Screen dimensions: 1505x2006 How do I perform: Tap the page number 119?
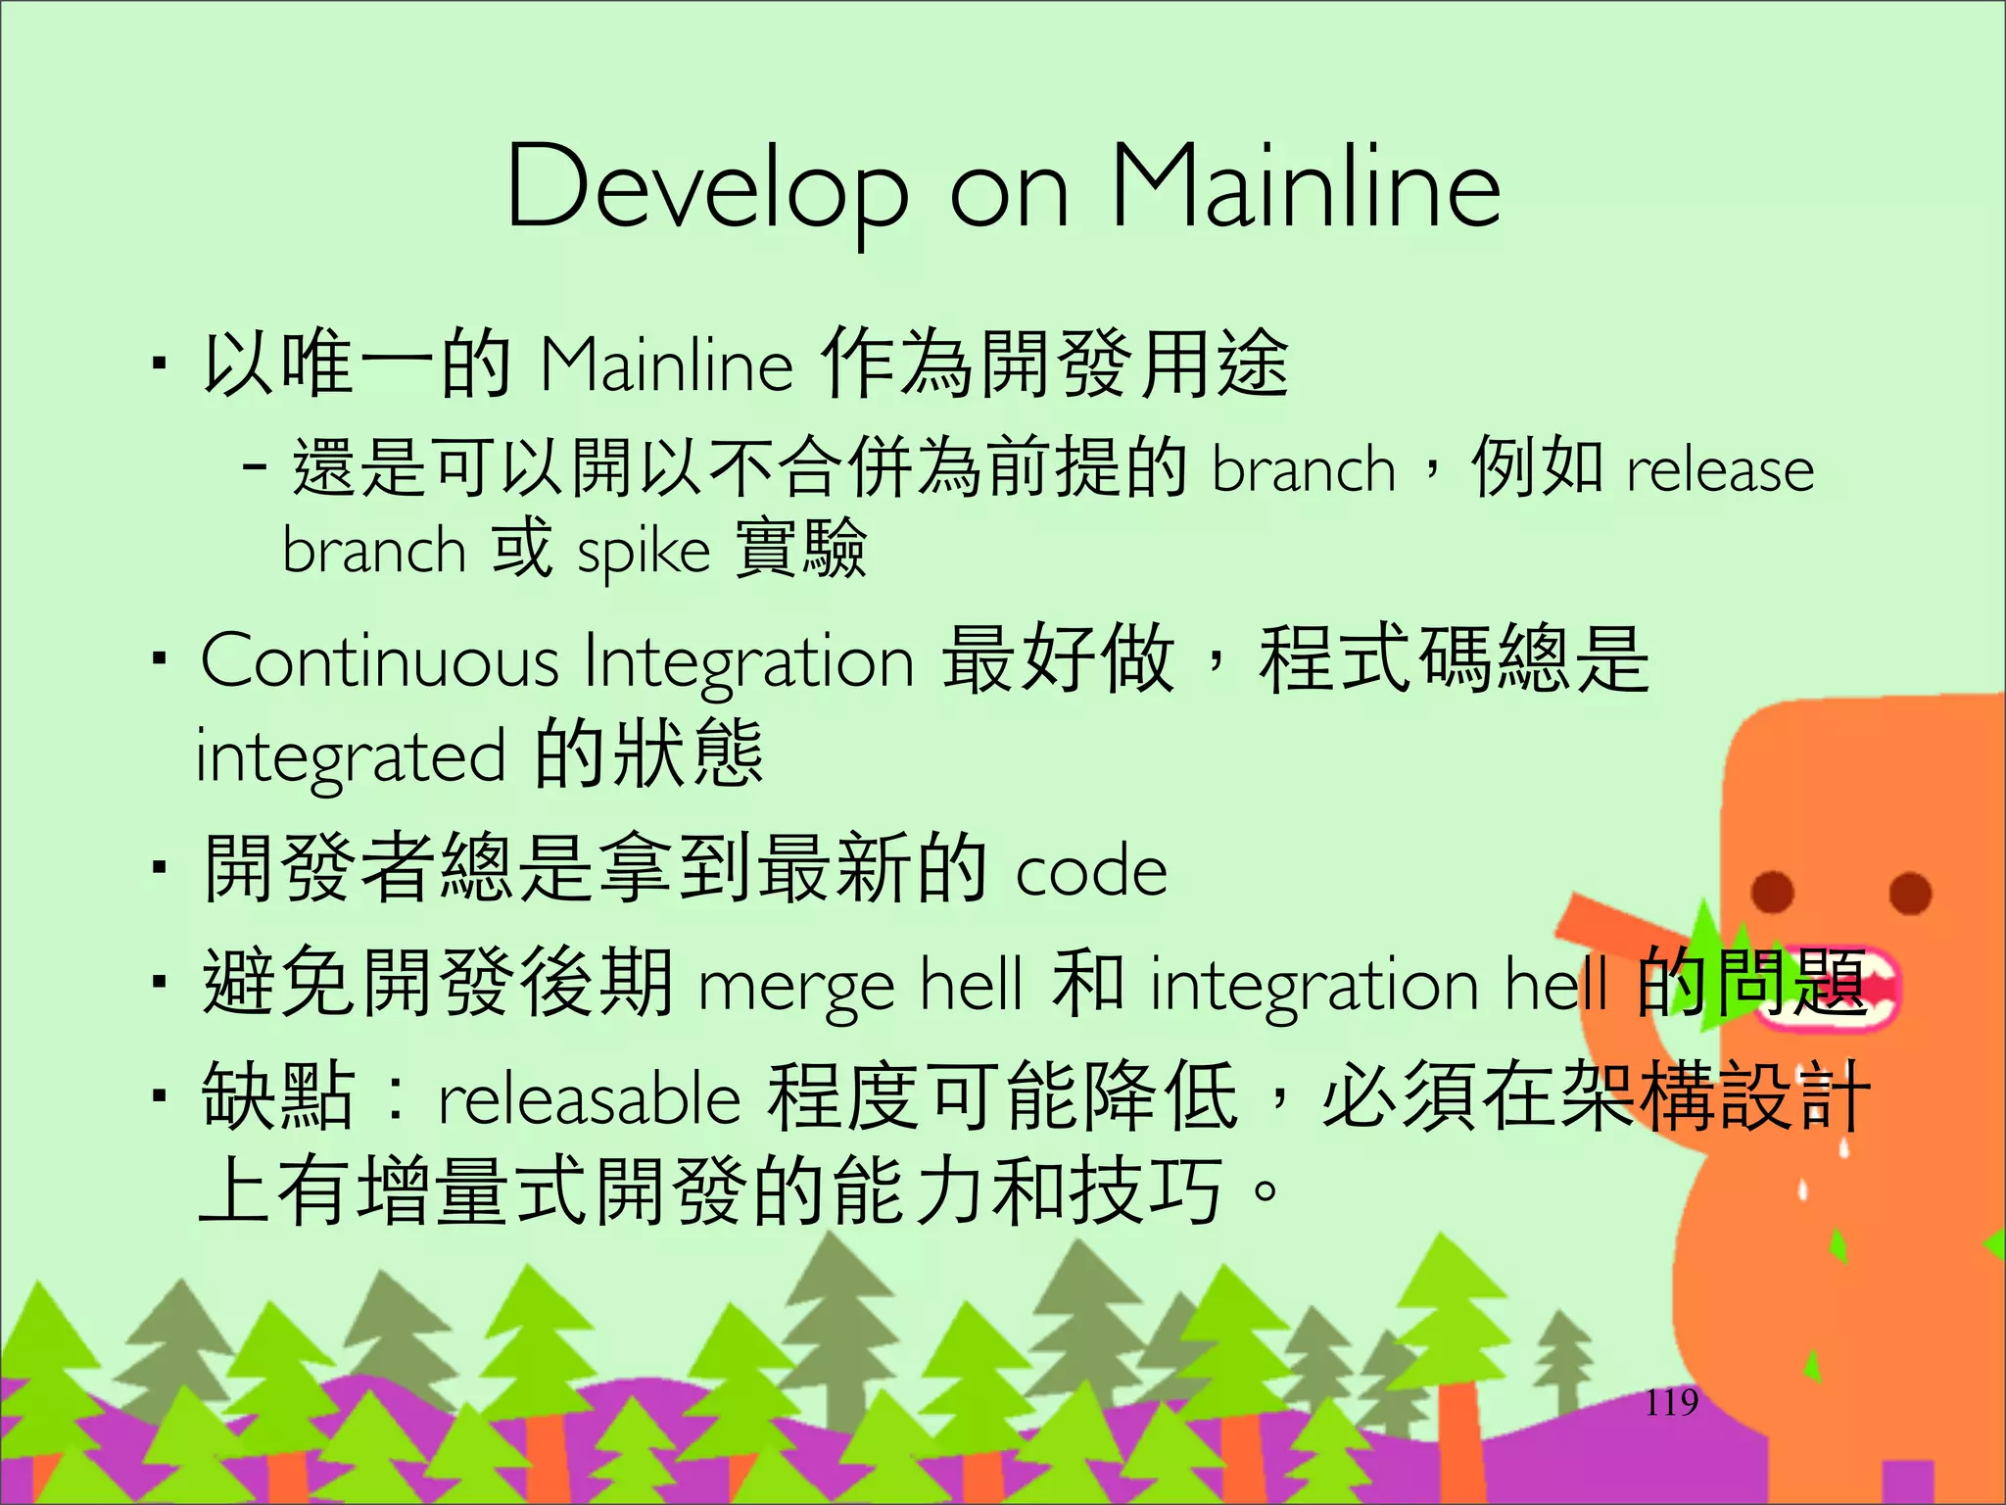(1671, 1403)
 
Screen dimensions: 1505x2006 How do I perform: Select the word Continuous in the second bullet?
(379, 661)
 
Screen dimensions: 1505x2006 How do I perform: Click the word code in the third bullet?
(1091, 871)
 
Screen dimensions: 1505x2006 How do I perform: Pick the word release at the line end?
(1720, 470)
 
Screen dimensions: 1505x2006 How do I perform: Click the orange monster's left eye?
(1772, 892)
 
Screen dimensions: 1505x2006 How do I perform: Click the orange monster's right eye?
(1909, 893)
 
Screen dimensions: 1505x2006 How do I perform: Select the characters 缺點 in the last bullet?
(277, 1095)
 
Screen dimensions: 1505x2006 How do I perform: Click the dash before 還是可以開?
(254, 468)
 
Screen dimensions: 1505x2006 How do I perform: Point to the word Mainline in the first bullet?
(666, 365)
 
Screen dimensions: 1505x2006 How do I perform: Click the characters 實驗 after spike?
(800, 549)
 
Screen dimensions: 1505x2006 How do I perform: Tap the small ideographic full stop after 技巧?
(1265, 1191)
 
